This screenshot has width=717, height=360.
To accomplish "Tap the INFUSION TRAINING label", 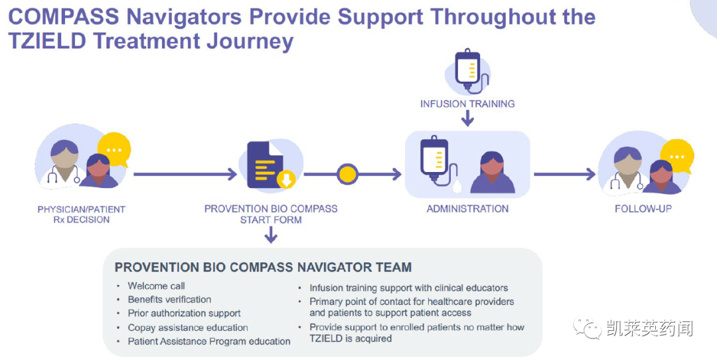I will point(467,104).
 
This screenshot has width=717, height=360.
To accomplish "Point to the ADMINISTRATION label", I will point(467,209).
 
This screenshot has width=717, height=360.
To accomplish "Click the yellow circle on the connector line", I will point(347,174).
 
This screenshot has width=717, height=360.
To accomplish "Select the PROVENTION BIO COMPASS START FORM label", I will point(271,214).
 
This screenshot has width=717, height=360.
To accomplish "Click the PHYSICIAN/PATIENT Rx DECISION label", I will point(81,214).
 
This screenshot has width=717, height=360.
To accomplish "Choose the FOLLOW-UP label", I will point(643,209).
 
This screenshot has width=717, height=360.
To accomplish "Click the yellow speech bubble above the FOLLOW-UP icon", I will point(677,155).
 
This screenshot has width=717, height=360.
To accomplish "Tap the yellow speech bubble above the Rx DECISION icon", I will point(114,149).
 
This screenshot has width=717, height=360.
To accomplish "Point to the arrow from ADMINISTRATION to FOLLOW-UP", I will point(564,175).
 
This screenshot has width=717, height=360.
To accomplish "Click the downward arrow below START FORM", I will point(271,234).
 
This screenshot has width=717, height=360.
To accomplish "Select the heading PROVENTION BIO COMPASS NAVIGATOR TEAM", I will point(263,267).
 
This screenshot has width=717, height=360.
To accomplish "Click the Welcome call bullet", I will point(157,286).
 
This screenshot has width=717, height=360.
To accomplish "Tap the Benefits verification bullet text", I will point(169,300).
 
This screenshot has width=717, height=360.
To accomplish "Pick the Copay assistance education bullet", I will point(188,327).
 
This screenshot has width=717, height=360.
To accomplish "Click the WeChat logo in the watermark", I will point(588,327).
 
